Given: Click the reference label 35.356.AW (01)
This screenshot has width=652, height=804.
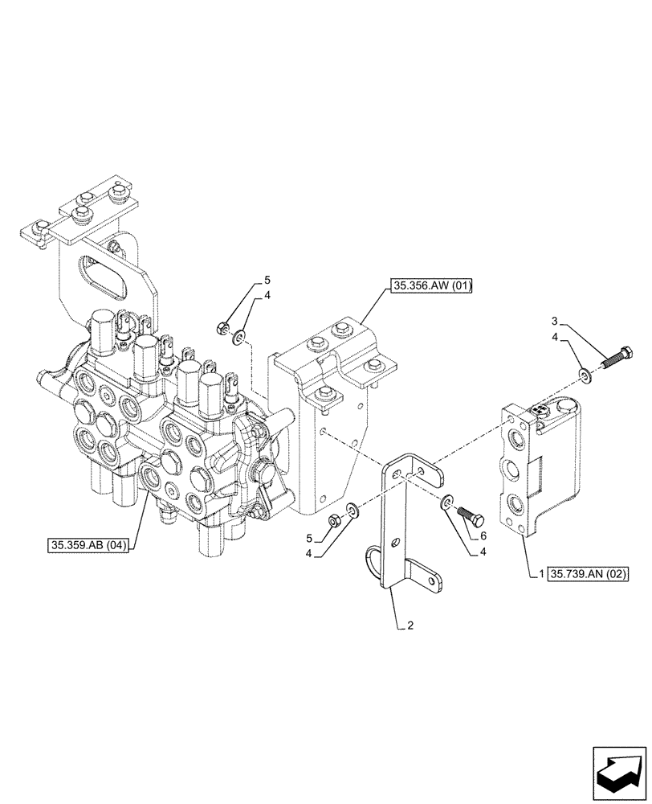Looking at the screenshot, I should [x=432, y=285].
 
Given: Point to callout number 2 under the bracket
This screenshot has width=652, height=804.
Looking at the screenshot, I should [x=410, y=626].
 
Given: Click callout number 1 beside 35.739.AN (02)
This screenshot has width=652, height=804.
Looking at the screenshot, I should [x=543, y=574].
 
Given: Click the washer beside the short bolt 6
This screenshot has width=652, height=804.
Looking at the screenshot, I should [x=446, y=503].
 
